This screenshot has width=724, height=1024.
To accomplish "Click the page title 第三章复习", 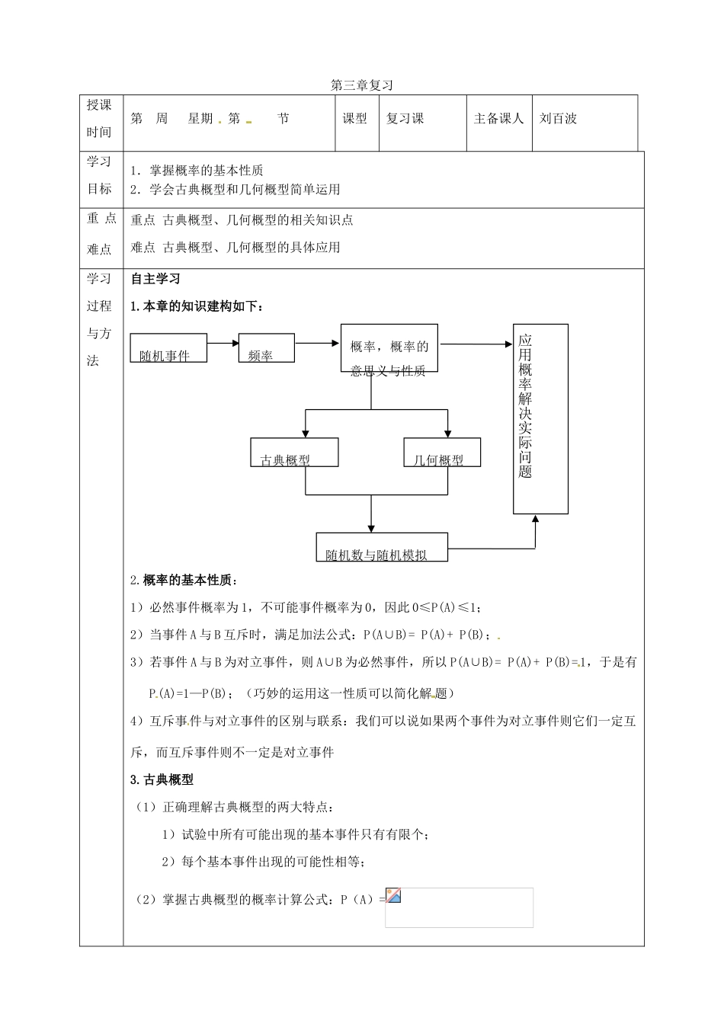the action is [361, 86].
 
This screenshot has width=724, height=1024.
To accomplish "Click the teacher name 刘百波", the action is [558, 118].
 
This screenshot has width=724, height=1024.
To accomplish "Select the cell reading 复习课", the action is [405, 118].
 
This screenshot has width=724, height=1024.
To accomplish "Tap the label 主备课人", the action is [498, 118].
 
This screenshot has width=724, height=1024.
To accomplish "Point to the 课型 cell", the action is [354, 118].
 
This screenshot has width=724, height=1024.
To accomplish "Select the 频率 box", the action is [267, 348].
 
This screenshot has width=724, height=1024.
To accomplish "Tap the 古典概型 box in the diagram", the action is [294, 452].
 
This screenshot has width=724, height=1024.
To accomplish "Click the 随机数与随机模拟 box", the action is [382, 547].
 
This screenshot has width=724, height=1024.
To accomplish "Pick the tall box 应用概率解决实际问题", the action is [540, 418].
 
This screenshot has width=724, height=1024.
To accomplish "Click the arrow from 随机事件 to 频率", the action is [223, 343].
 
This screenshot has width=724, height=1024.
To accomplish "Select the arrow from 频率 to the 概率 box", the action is [317, 343].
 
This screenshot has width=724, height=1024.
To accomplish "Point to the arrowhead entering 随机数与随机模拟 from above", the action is [371, 526].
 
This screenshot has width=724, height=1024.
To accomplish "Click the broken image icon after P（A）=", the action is [393, 896].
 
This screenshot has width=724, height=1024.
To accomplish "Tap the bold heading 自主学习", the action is [155, 279].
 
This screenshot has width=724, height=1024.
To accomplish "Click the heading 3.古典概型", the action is [162, 779].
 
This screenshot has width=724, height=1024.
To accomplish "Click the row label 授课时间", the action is [99, 119].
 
